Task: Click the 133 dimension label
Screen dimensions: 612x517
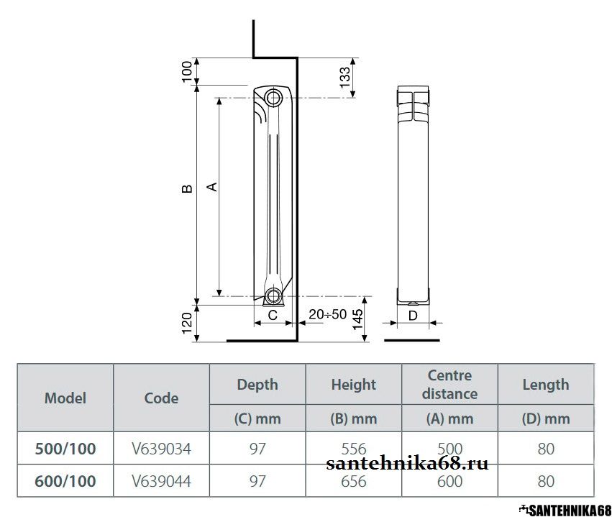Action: click(345, 78)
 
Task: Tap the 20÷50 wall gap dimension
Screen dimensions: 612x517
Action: click(327, 314)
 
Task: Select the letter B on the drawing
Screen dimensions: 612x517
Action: click(188, 189)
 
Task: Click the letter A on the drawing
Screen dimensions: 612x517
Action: click(211, 186)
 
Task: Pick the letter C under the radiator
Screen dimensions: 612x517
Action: click(273, 315)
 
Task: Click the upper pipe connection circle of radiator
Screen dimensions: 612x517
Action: click(273, 97)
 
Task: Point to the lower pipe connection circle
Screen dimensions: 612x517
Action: click(273, 296)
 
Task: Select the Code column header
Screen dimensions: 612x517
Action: click(161, 398)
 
